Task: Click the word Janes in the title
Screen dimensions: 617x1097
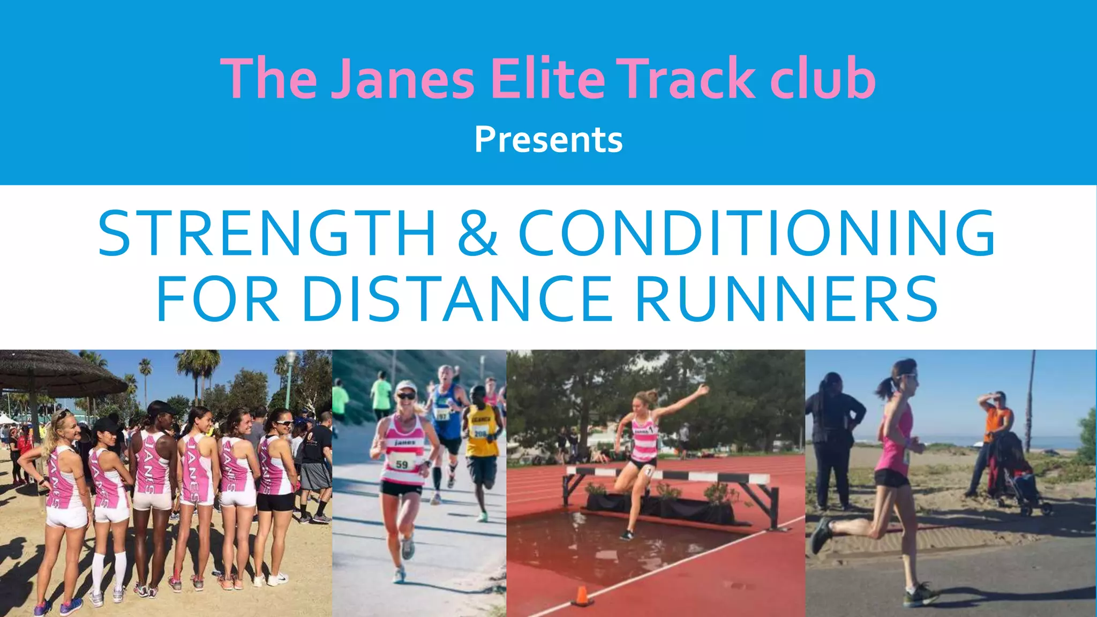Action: [x=402, y=79]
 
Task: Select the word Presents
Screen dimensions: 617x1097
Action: [x=548, y=140]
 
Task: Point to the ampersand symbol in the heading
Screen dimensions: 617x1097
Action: [x=477, y=235]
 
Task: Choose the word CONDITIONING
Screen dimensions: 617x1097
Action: [x=756, y=234]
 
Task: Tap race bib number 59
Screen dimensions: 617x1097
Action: [x=402, y=464]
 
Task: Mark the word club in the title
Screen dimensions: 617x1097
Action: [x=822, y=79]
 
